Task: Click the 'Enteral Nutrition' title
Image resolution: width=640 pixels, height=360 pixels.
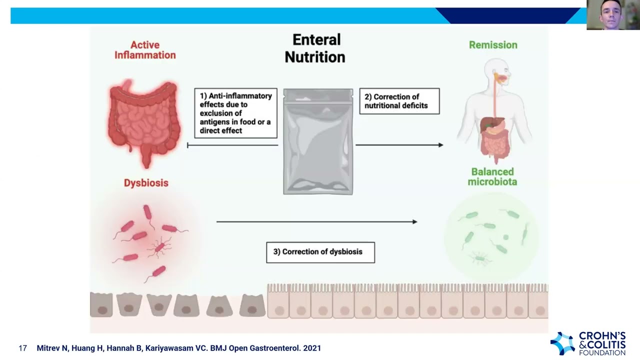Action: tap(315, 48)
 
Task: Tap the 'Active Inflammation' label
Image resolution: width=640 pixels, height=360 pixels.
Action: tap(145, 50)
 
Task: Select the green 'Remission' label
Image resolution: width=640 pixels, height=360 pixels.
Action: tap(493, 45)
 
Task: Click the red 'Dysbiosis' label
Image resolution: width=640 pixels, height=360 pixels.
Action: tap(146, 183)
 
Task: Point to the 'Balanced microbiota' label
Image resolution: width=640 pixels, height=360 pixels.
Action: tap(492, 176)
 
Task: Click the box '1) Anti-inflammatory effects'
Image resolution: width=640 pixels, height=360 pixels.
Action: tap(235, 113)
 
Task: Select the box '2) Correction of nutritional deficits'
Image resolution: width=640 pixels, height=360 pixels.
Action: tap(399, 101)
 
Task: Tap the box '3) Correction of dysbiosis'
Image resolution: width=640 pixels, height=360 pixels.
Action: tap(320, 252)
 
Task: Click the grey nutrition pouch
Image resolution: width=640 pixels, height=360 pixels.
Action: tap(318, 141)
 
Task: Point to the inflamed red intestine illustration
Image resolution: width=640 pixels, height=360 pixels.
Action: tap(144, 120)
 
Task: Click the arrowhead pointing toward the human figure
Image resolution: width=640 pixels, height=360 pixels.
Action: tap(440, 145)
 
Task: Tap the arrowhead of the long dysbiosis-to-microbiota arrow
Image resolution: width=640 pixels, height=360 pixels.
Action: tap(414, 221)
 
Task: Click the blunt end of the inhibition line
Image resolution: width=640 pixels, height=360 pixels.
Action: tap(187, 145)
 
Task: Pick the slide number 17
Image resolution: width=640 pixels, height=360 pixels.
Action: tap(22, 348)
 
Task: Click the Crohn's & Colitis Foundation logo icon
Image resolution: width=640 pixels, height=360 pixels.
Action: tap(562, 343)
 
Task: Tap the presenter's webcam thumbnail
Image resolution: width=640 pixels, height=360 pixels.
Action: tap(613, 15)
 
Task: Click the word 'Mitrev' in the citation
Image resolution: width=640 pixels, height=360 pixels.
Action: tap(48, 348)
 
